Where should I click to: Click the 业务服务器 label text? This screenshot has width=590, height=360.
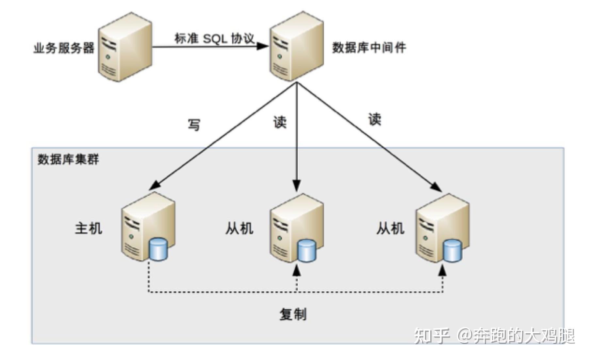64,48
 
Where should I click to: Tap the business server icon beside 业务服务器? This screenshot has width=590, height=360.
125,47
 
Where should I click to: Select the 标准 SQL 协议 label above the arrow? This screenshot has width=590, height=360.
214,39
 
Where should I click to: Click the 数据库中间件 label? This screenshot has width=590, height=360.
369,48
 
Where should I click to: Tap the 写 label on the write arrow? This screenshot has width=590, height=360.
194,125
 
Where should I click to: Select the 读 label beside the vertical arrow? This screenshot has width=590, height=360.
280,123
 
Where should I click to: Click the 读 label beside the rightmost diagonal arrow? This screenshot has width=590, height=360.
375,119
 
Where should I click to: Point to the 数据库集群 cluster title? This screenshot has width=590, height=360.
68,159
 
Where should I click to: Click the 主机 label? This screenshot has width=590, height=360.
89,228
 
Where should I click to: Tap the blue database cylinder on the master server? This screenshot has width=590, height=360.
158,249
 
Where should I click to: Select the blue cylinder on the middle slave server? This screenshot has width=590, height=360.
307,251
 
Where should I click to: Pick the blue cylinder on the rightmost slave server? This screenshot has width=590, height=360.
452,251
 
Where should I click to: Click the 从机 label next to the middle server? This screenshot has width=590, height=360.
239,228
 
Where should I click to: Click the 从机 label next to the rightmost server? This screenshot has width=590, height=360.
390,228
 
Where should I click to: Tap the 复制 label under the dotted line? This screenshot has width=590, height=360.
293,314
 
